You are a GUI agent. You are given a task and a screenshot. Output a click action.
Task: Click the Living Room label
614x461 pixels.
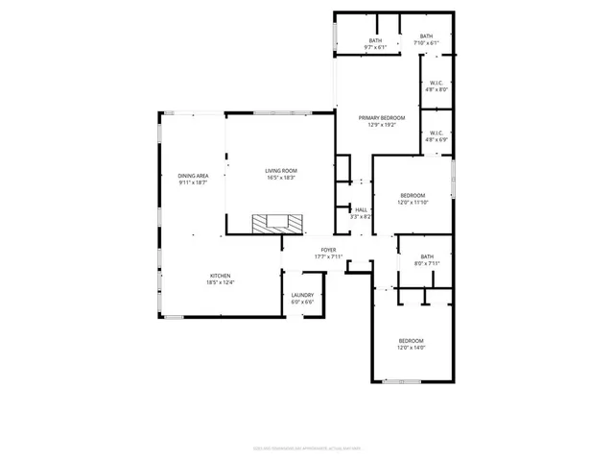tap(281, 171)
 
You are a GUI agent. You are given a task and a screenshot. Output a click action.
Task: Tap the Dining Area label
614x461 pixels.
tap(193, 176)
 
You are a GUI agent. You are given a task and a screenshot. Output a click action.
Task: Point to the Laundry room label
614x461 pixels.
tap(302, 296)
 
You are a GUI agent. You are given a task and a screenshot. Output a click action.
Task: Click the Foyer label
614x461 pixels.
tap(328, 250)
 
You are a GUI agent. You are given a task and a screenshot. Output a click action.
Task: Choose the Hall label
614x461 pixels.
tap(361, 209)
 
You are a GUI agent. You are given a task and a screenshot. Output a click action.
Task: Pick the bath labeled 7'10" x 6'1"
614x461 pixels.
tap(426, 36)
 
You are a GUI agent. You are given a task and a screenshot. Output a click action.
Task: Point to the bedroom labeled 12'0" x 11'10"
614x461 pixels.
tap(413, 195)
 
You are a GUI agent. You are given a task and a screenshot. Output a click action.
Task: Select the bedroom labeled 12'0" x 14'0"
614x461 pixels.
tap(412, 341)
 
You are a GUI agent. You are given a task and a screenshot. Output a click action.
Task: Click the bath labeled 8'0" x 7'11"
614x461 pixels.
tap(427, 256)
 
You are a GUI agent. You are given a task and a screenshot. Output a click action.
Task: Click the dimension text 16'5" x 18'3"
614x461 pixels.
tap(281, 178)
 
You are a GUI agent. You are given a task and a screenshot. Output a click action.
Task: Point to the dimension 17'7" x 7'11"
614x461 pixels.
tap(328, 256)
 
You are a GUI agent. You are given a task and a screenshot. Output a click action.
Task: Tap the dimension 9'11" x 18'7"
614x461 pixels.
tap(193, 182)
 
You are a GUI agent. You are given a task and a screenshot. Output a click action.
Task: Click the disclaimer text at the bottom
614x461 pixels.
tap(307, 447)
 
